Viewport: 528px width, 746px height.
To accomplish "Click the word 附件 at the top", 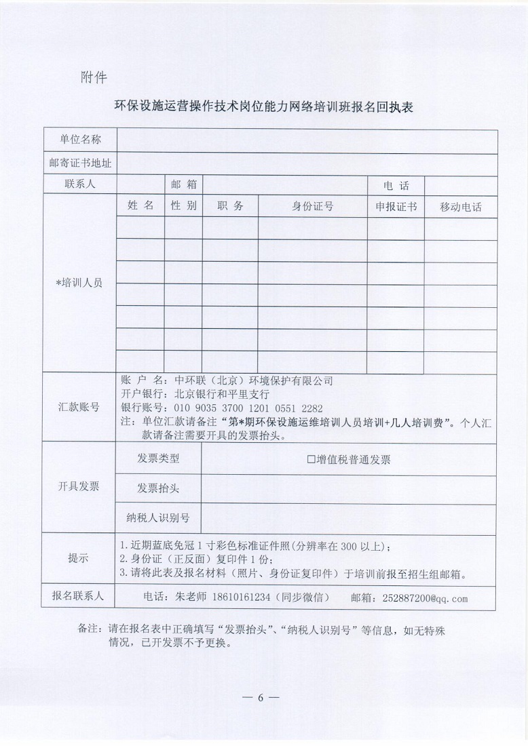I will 93,76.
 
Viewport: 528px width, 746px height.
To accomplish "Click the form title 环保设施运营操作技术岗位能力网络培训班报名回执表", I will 264,106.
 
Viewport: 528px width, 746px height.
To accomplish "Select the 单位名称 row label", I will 80,140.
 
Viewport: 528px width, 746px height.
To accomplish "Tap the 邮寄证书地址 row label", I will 80,163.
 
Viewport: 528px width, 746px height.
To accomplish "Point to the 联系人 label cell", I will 80,184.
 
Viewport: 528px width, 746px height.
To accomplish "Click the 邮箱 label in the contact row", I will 183,184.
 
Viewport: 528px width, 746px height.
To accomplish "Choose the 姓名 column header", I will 140,205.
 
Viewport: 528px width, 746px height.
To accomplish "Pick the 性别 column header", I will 183,205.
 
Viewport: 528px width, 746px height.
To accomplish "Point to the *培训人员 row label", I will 79,283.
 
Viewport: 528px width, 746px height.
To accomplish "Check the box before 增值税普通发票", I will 311,459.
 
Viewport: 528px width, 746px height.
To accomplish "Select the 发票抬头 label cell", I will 158,488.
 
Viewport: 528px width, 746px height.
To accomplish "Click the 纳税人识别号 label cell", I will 158,518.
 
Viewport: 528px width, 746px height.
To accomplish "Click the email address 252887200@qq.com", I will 425,598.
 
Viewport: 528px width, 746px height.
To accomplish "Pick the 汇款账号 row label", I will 79,407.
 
